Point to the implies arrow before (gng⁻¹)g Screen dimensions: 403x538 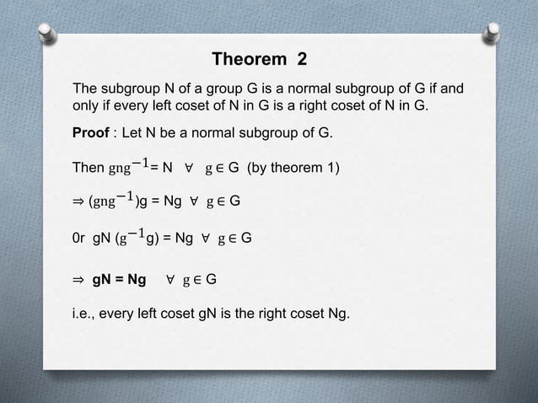coord(79,202)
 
